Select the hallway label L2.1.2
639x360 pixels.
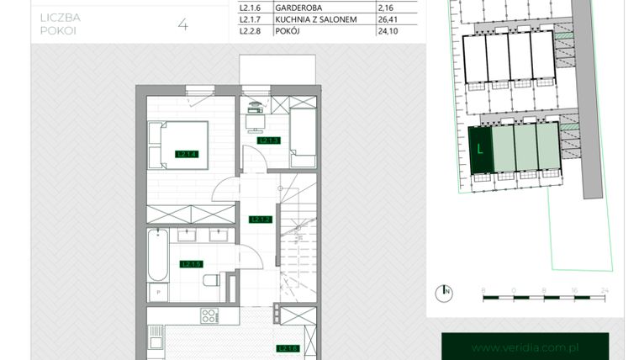click(259, 220)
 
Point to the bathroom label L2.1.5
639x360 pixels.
click(191, 264)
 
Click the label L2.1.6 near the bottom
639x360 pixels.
click(288, 348)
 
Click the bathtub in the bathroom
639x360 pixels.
click(156, 257)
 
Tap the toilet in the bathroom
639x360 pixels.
click(214, 282)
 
